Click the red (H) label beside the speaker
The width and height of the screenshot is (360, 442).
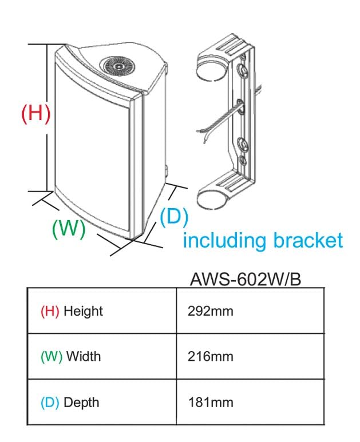(35, 112)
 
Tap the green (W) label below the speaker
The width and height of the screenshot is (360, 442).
(68, 229)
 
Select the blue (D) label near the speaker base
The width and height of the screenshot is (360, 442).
(173, 217)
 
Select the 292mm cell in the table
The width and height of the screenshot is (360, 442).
(211, 312)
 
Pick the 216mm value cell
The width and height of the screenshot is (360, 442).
(211, 357)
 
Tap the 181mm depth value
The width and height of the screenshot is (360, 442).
(211, 402)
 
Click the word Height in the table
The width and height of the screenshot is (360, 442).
(83, 312)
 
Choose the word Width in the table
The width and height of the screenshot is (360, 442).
(83, 357)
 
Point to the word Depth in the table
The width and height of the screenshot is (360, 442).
(81, 402)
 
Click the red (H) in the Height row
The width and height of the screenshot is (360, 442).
(50, 312)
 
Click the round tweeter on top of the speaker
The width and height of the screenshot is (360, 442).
(118, 66)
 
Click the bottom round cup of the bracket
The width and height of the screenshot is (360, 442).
(211, 200)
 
